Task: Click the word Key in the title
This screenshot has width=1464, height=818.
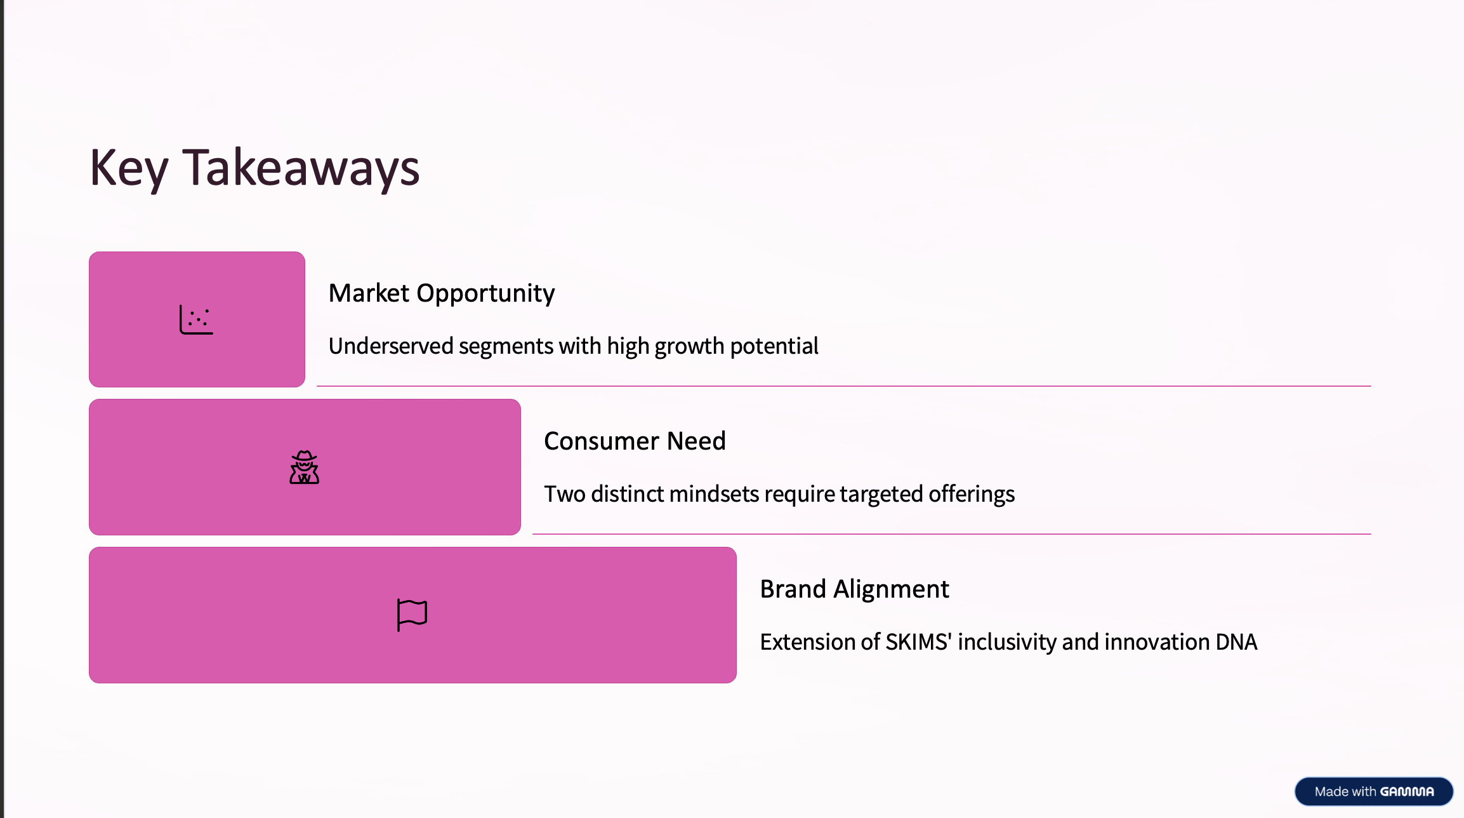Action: click(129, 168)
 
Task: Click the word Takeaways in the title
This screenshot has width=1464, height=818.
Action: click(301, 167)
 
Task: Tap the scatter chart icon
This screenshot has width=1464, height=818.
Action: click(196, 319)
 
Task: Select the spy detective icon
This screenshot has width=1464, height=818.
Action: click(305, 467)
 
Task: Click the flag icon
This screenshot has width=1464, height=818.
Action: click(412, 615)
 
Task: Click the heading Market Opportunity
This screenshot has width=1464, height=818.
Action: click(442, 293)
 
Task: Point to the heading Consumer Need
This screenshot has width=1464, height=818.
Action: click(635, 441)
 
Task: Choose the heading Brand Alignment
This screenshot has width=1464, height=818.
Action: click(854, 589)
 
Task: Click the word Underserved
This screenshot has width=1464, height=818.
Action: click(391, 346)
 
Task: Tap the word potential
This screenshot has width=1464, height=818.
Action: click(774, 347)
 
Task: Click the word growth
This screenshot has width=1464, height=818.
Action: click(689, 347)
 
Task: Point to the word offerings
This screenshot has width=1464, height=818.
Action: click(972, 495)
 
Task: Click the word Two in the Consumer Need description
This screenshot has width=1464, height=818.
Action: click(565, 494)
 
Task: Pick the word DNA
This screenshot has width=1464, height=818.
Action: click(1236, 642)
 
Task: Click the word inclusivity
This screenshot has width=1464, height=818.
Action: click(1007, 643)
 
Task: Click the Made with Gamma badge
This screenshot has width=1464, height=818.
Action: click(1374, 791)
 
